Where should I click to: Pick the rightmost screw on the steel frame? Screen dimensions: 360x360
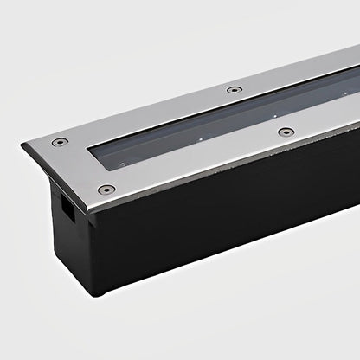coord(285,132)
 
